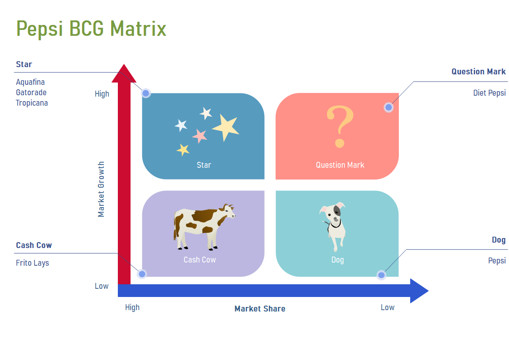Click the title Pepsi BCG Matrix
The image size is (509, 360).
coord(91,29)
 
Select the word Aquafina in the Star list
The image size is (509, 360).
coord(30,82)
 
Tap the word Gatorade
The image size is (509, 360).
coord(31,92)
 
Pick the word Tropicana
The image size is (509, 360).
coord(32,103)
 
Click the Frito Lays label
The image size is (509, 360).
coord(33,263)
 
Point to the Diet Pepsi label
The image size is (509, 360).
coord(489,93)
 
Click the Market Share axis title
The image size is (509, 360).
coord(260,309)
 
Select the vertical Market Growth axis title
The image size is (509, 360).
coord(101,189)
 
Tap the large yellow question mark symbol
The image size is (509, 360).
coord(340,126)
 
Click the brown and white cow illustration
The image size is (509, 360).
coord(204,227)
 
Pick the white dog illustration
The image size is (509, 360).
coord(334,227)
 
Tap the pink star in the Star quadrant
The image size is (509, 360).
coord(199,136)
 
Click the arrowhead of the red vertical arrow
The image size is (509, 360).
coord(124,74)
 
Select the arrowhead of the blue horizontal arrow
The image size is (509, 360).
coord(419,291)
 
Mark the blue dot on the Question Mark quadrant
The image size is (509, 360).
coord(388,107)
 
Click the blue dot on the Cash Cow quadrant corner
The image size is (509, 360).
coord(142,274)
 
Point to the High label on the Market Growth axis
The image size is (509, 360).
coord(102,94)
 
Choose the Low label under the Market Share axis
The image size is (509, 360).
coord(388,307)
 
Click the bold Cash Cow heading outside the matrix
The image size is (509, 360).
coord(34,245)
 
